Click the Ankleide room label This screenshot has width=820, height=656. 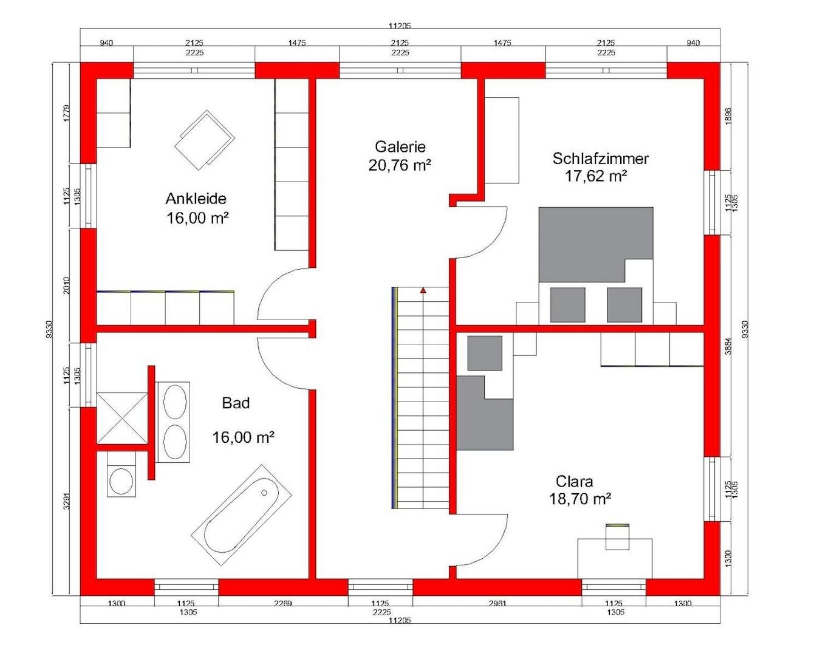[x=196, y=199]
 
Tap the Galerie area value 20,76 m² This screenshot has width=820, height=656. [x=400, y=165]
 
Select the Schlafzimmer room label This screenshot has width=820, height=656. [x=600, y=159]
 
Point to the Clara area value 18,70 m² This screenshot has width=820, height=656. [x=579, y=499]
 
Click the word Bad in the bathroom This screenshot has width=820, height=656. [x=236, y=403]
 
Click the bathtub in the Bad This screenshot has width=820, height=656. [x=242, y=516]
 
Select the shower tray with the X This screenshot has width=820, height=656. [x=122, y=417]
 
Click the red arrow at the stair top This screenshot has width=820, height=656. [x=423, y=291]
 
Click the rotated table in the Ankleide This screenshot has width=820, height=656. [x=205, y=141]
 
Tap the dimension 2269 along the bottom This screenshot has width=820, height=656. [x=282, y=603]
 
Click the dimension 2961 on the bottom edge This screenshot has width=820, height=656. [x=497, y=603]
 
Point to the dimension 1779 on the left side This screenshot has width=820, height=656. [x=67, y=113]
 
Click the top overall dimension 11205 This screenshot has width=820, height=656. [x=400, y=26]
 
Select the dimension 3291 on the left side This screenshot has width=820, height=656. [x=67, y=500]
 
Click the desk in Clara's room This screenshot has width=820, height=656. [x=615, y=558]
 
